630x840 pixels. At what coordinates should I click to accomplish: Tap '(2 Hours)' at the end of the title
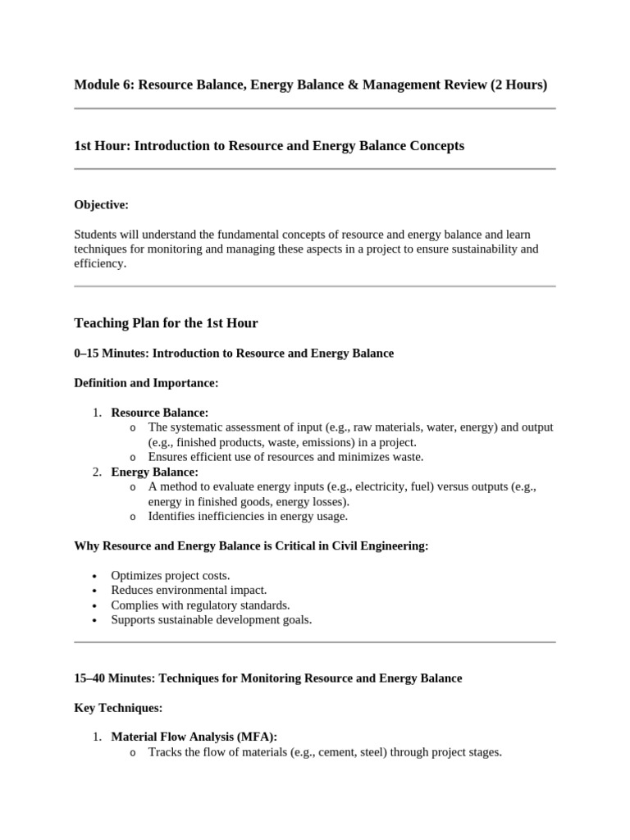point(518,84)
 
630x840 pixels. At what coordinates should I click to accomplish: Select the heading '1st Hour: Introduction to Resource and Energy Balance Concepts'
point(269,146)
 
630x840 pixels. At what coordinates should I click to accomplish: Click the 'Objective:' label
point(102,204)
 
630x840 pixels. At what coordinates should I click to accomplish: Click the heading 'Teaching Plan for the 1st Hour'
point(166,323)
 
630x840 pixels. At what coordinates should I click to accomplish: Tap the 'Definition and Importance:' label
point(146,383)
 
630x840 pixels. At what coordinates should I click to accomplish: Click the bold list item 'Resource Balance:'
point(160,413)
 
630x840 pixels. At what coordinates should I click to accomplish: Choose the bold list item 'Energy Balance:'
point(155,472)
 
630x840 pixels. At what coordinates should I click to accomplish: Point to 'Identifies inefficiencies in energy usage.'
point(248,516)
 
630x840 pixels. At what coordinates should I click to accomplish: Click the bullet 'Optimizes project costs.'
point(171,576)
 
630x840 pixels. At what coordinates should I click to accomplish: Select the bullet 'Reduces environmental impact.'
point(189,590)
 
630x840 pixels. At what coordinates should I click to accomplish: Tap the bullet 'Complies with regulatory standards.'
point(201,605)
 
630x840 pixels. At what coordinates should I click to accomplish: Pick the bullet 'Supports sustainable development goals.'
point(212,619)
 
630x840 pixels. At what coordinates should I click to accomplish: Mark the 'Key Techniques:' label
point(118,708)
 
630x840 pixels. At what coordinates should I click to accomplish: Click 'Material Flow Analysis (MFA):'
point(194,737)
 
